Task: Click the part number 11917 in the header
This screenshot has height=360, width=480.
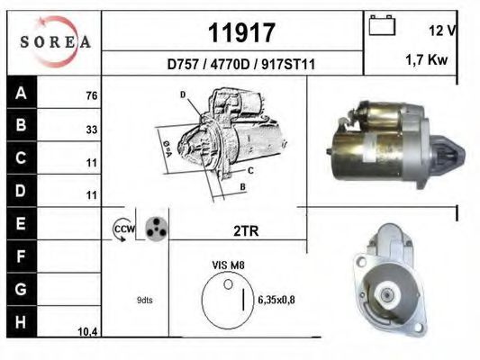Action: click(240, 33)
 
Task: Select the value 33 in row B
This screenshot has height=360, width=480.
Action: click(90, 130)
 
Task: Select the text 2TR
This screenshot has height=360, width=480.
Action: click(246, 230)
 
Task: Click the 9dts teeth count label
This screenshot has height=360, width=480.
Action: click(144, 300)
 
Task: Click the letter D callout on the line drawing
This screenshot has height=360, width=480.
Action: click(182, 94)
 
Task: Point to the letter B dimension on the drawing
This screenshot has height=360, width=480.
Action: click(242, 186)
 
